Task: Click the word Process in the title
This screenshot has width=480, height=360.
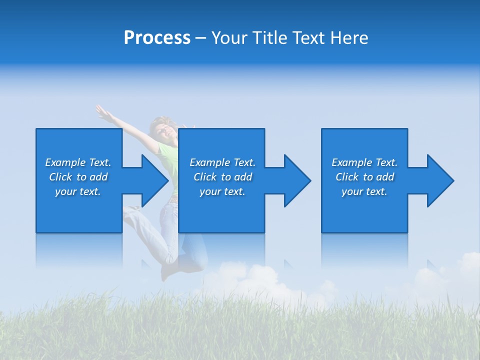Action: (157, 38)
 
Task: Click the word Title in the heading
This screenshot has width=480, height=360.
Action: (269, 38)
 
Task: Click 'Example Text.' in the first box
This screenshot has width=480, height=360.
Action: (78, 162)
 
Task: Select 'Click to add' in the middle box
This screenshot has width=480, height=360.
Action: (222, 177)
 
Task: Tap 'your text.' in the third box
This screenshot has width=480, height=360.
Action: (364, 191)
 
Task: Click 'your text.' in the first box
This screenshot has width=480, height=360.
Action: (78, 191)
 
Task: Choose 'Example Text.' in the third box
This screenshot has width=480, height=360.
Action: (364, 162)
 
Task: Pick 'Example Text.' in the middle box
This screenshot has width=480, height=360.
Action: (222, 162)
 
